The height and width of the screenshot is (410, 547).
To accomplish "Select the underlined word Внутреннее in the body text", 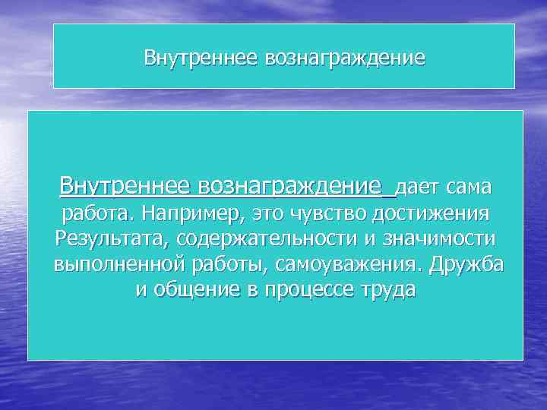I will tap(126, 186).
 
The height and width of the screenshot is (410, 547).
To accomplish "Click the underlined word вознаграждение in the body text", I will tap(290, 186).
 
